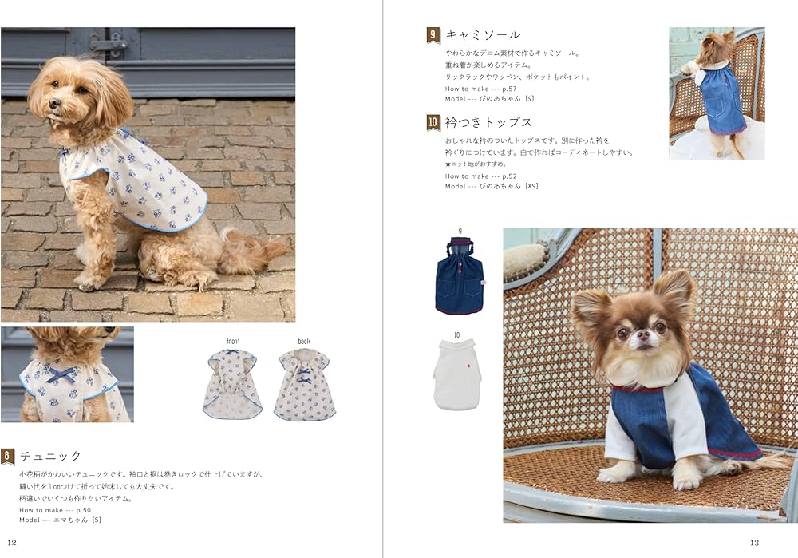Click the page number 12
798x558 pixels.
click(12, 543)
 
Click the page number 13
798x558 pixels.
click(754, 543)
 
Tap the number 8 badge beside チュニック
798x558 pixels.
click(8, 456)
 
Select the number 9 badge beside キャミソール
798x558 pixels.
click(433, 35)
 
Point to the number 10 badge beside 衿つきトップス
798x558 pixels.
click(433, 123)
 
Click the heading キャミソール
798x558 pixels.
click(483, 35)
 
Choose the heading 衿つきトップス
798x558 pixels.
click(488, 123)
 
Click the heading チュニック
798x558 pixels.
click(50, 456)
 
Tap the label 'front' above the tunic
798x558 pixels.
click(233, 341)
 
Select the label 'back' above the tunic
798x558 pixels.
click(304, 341)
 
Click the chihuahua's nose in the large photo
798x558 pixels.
click(643, 334)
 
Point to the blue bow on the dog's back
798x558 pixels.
click(61, 374)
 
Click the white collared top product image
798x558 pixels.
click(457, 374)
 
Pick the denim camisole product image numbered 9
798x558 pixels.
click(460, 276)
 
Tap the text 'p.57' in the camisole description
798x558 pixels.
click(509, 89)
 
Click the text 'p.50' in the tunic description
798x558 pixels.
click(84, 510)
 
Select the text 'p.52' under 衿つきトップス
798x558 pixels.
click(509, 176)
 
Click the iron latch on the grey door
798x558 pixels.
click(109, 44)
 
